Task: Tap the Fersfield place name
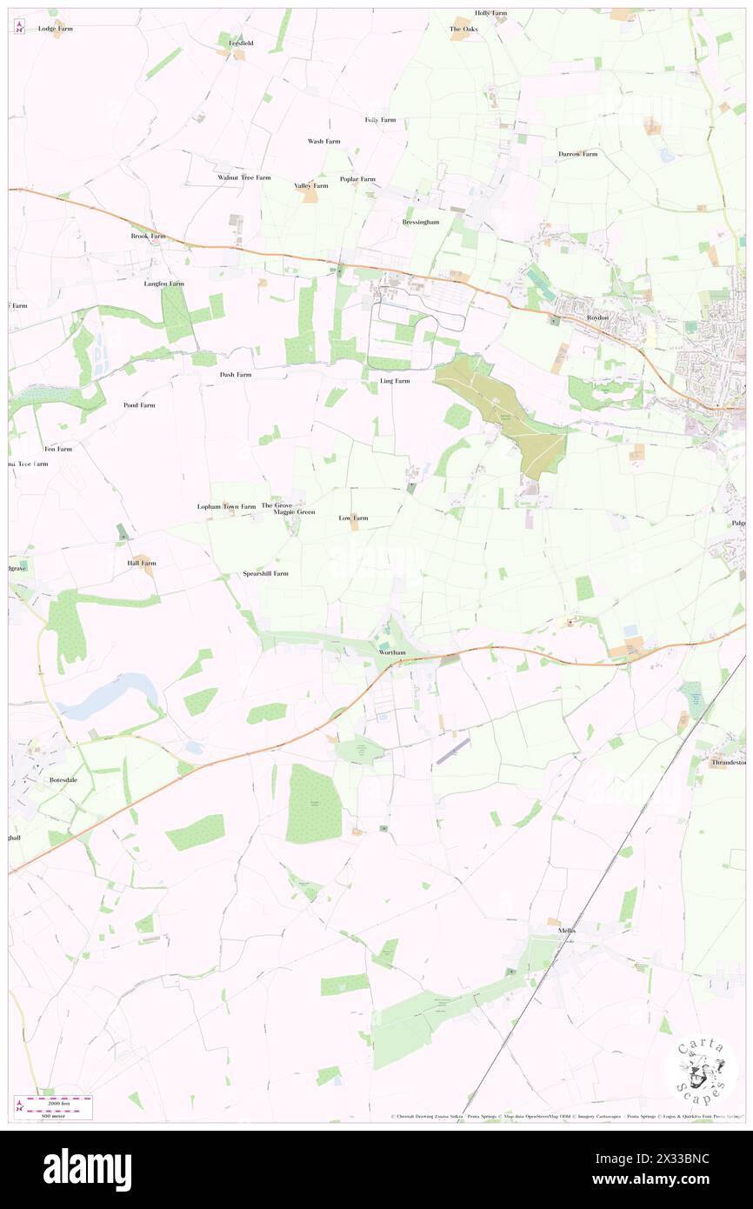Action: pyautogui.click(x=241, y=43)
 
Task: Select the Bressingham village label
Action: pyautogui.click(x=421, y=222)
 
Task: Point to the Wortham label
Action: pyautogui.click(x=393, y=651)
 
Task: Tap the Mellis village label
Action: pyautogui.click(x=567, y=930)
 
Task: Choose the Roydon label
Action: pyautogui.click(x=597, y=317)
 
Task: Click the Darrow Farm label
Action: pyautogui.click(x=577, y=154)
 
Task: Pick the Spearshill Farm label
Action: pyautogui.click(x=265, y=574)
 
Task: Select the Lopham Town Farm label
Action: pyautogui.click(x=226, y=506)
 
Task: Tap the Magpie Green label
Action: pyautogui.click(x=294, y=512)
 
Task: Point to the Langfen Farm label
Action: pyautogui.click(x=164, y=284)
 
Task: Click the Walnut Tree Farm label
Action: pyautogui.click(x=244, y=177)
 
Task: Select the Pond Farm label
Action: pyautogui.click(x=139, y=405)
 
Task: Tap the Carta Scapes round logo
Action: pyautogui.click(x=700, y=1071)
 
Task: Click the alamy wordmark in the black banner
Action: pyautogui.click(x=87, y=1169)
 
